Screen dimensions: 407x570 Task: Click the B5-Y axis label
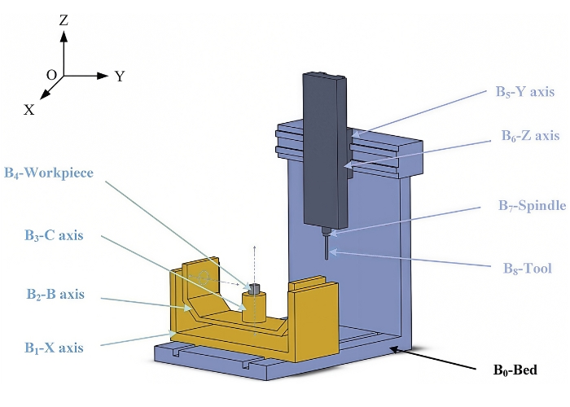click(524, 92)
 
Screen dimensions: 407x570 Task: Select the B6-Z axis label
click(529, 135)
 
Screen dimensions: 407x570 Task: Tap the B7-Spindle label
click(532, 208)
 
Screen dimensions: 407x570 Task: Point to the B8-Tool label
click(528, 268)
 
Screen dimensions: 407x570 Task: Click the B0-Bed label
click(516, 370)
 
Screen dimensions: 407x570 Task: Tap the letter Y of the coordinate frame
click(120, 77)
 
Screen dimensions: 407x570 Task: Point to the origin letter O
click(51, 75)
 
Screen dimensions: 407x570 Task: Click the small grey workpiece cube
click(254, 288)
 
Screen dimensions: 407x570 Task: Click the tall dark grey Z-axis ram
click(324, 147)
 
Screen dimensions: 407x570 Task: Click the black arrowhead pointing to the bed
click(395, 350)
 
